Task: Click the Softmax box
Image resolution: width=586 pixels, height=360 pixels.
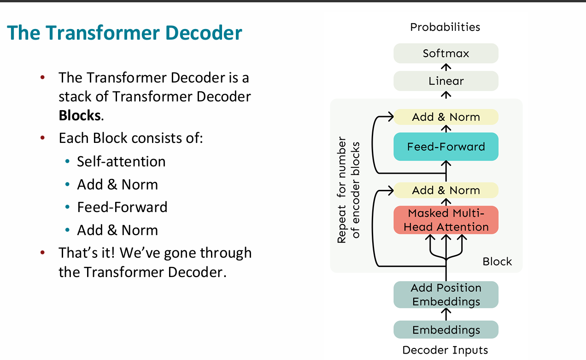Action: [446, 53]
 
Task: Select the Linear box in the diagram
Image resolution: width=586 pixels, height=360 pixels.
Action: [446, 81]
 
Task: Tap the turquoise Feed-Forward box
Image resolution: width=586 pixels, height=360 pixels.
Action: [446, 147]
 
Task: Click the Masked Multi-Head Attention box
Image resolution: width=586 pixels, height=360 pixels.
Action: [446, 220]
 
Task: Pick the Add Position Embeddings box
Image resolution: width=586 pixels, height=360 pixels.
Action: [446, 295]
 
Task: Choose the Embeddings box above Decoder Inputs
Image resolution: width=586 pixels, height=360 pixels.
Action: [446, 330]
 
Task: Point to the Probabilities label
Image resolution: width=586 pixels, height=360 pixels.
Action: [445, 27]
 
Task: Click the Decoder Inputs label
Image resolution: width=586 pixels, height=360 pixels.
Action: [445, 350]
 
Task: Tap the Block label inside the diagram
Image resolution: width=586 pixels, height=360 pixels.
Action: [497, 261]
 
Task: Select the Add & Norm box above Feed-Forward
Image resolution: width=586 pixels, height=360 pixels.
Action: [446, 117]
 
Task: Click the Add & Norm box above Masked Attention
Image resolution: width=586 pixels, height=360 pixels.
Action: [446, 190]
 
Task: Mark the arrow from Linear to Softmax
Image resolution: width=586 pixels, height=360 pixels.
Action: [446, 67]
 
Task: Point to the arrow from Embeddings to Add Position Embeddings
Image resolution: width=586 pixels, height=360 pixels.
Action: [446, 314]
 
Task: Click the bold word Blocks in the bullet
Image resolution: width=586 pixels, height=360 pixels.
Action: [80, 115]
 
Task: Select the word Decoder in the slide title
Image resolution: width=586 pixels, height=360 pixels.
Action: [204, 33]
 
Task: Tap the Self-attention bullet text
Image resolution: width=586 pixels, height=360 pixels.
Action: [121, 161]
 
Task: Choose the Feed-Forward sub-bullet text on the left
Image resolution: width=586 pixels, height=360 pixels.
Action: [122, 207]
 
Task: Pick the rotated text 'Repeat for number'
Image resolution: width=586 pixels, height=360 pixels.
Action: [342, 190]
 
